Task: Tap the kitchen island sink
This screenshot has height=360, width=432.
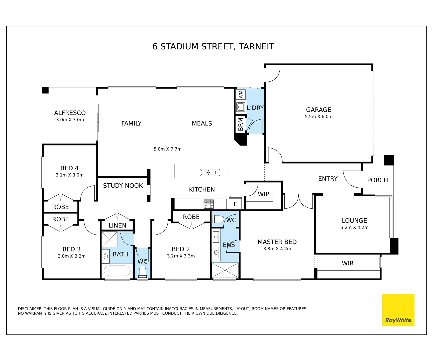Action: click(x=210, y=172)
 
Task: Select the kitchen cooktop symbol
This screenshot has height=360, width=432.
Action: click(x=209, y=204)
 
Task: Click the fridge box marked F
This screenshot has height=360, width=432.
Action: click(x=235, y=203)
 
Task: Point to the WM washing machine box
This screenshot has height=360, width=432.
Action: click(x=241, y=95)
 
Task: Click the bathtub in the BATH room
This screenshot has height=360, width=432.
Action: click(x=117, y=270)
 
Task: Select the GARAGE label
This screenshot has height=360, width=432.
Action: click(x=318, y=109)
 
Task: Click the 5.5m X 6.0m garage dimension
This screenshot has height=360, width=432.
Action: click(x=318, y=116)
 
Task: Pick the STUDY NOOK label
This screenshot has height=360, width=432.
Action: click(x=123, y=186)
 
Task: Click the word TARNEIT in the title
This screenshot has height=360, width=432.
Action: click(x=256, y=46)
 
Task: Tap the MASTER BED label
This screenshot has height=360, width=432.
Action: click(x=277, y=242)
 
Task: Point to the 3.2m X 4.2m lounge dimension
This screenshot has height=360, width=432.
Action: click(x=354, y=227)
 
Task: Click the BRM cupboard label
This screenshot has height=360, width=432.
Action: click(x=240, y=124)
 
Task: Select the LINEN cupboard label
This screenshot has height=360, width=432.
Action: click(x=117, y=225)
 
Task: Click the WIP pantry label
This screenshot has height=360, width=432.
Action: click(x=263, y=194)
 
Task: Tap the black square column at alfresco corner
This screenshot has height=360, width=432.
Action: click(x=45, y=90)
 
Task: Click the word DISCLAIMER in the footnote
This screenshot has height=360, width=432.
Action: click(x=30, y=308)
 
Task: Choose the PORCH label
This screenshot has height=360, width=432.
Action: click(x=377, y=180)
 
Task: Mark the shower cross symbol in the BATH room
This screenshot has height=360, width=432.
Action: click(x=109, y=239)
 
